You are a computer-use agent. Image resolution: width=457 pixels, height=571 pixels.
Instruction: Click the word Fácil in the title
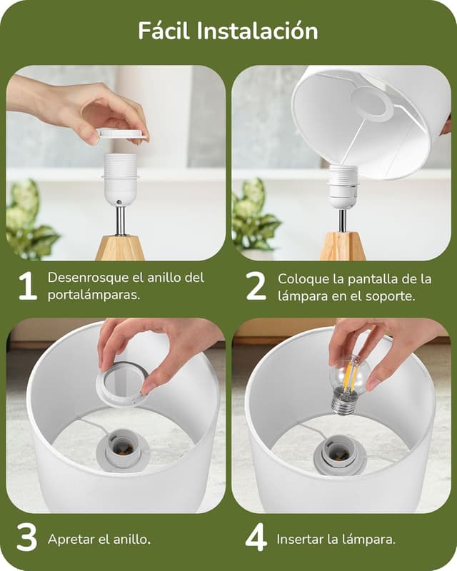[164, 31]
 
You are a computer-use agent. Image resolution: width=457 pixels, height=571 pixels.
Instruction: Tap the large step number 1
[28, 286]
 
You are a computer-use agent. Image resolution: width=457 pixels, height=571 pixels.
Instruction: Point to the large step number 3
[27, 537]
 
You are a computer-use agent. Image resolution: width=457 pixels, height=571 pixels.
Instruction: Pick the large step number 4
[256, 537]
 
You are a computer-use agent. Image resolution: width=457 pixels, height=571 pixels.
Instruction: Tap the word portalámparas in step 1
[94, 295]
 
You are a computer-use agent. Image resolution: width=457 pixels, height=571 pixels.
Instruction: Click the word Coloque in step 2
[303, 280]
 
